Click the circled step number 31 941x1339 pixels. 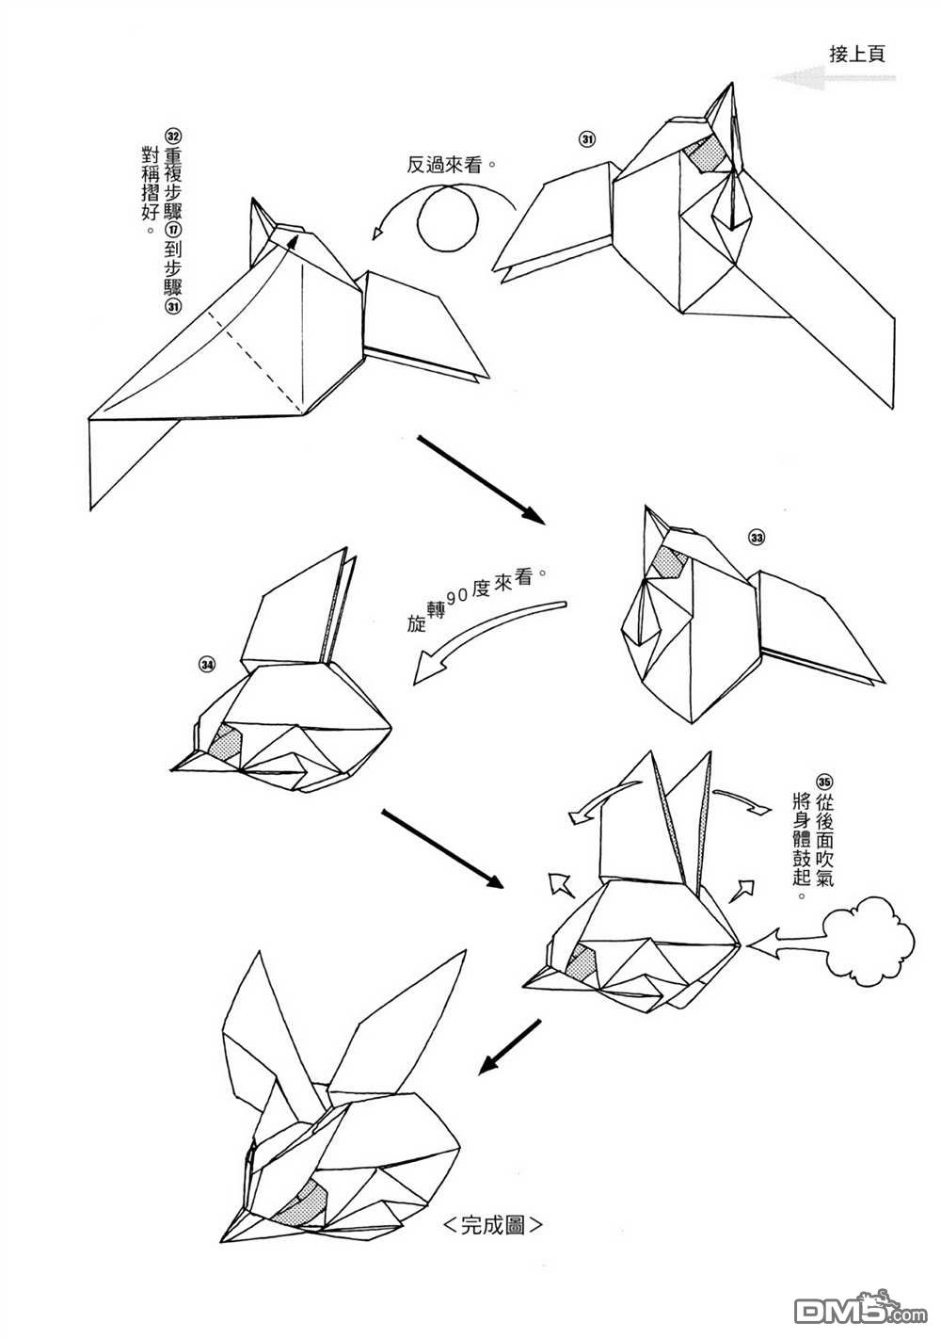tap(587, 140)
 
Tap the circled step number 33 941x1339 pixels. tap(757, 537)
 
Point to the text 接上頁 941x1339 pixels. tap(857, 54)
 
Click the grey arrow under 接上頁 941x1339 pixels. tap(828, 80)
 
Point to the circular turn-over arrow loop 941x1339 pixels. tap(447, 216)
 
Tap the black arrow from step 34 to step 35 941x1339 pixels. tap(443, 847)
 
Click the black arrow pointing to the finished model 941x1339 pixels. tap(509, 1046)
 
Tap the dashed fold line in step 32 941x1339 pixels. tap(269, 362)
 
